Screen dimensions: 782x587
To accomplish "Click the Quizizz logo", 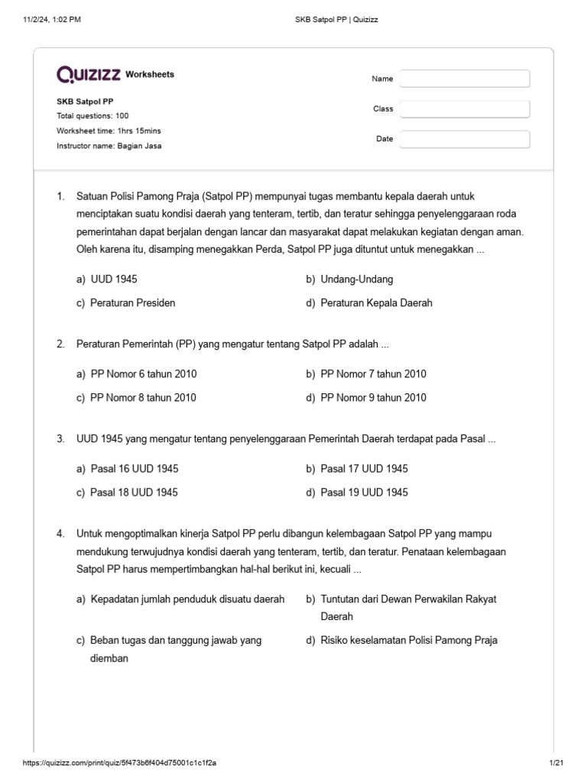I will tap(89, 74).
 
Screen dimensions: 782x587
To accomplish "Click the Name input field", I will tap(465, 79).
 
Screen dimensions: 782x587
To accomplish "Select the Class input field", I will tap(465, 109).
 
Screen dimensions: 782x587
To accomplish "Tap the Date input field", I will tap(465, 139).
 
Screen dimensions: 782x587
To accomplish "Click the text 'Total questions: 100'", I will tap(92, 116).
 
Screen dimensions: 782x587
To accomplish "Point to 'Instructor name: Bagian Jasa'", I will tap(109, 146).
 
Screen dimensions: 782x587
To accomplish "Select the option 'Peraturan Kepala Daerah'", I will tap(376, 303).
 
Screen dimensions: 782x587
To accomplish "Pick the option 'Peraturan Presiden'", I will tap(132, 303).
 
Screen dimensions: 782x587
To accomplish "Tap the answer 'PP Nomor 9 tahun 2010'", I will tap(373, 398).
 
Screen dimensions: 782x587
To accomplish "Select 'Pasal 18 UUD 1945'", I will tap(134, 493).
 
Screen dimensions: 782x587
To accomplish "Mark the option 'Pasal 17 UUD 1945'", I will tap(364, 469).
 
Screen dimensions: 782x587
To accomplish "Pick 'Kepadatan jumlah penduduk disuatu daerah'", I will tap(187, 599).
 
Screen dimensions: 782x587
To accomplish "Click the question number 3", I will tap(60, 439).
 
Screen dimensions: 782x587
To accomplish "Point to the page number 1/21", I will tap(556, 763).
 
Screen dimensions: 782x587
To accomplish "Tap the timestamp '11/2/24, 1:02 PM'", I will tap(53, 20).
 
